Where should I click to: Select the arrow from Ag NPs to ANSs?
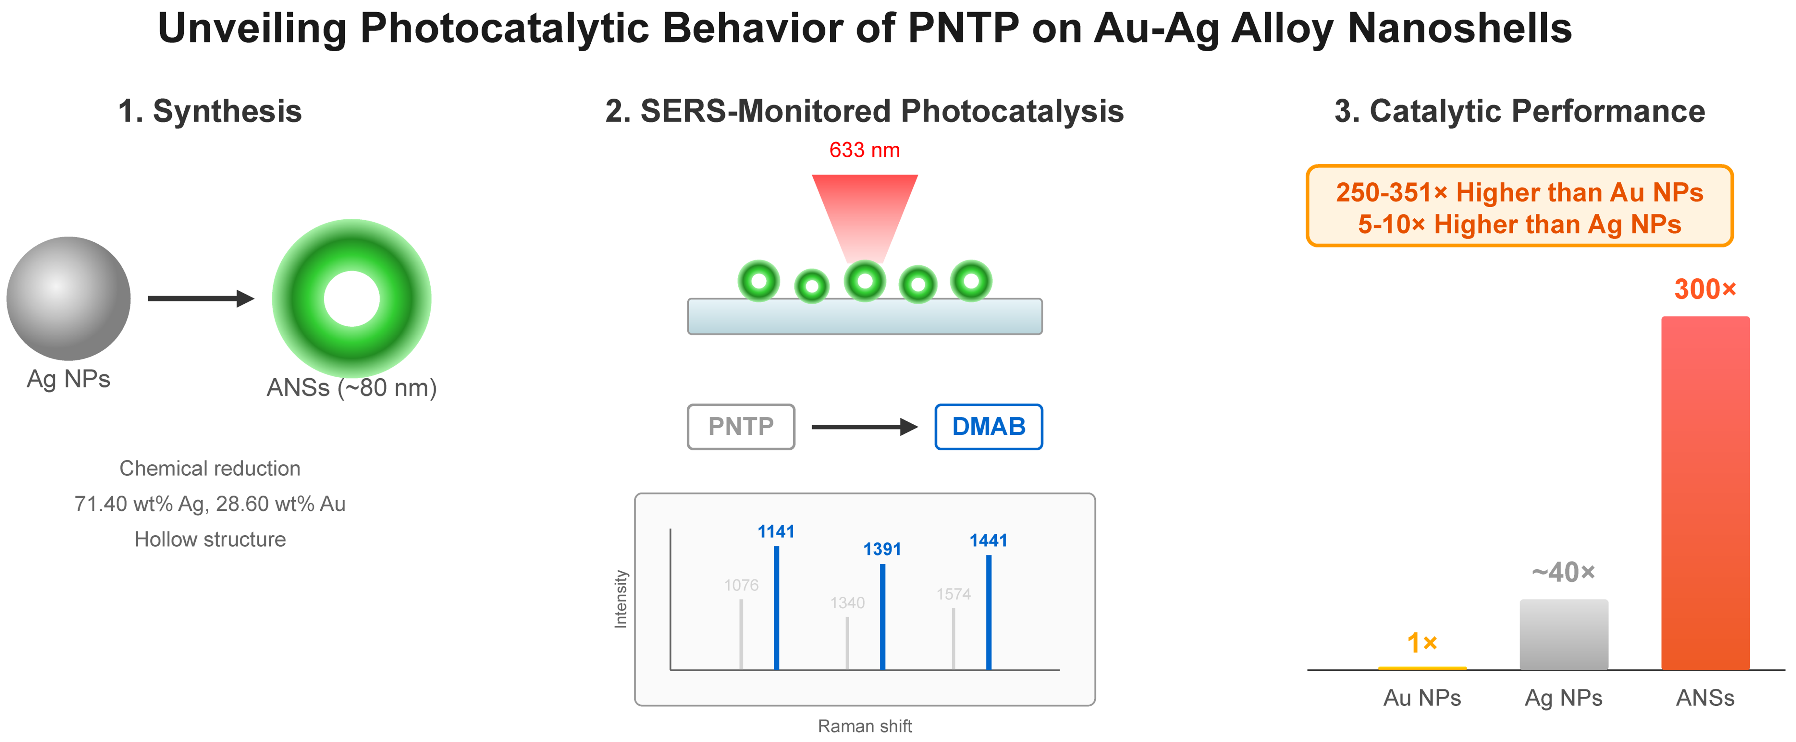(x=201, y=298)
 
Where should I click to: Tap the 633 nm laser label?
(x=865, y=150)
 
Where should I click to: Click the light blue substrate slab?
(x=865, y=316)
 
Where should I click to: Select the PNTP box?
(x=741, y=426)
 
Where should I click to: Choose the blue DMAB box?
(x=989, y=426)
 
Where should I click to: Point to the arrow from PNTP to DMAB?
(x=865, y=426)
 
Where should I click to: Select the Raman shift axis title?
(x=865, y=726)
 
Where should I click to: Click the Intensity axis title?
(x=620, y=599)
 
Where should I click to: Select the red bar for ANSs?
(x=1705, y=493)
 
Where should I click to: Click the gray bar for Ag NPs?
(x=1564, y=635)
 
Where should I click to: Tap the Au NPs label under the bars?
(x=1422, y=698)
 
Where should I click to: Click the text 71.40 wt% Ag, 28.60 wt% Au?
(x=210, y=504)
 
